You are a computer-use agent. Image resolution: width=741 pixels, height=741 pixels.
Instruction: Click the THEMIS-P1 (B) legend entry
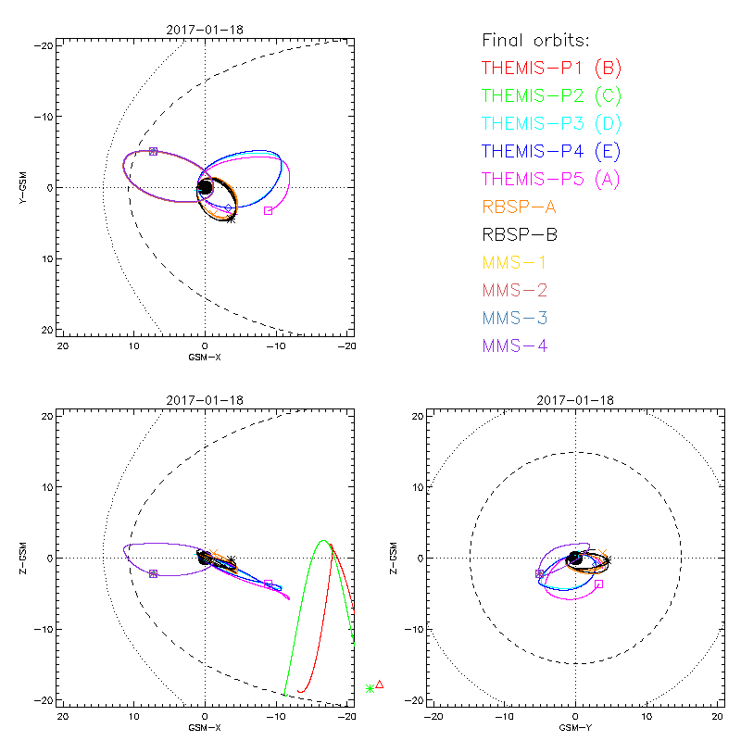(551, 68)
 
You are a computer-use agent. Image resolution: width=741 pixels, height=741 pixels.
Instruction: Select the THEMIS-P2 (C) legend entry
(551, 95)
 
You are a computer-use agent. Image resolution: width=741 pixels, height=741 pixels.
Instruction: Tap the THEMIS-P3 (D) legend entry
(551, 123)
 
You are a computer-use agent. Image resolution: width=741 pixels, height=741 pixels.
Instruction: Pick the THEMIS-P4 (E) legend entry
(551, 151)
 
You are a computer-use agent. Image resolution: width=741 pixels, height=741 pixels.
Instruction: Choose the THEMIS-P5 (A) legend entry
(551, 179)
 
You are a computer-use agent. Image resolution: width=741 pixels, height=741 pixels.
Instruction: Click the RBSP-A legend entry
(520, 207)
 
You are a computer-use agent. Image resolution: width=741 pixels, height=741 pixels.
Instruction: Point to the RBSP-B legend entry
(520, 234)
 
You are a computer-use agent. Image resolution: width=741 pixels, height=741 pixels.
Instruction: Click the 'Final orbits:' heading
(536, 40)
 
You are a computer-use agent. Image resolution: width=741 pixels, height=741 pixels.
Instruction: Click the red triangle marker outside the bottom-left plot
(380, 684)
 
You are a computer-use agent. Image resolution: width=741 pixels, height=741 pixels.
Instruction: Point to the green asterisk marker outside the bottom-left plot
(370, 688)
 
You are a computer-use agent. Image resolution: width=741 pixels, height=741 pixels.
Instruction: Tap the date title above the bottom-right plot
(575, 400)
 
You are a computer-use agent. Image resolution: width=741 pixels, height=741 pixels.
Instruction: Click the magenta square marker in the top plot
(268, 210)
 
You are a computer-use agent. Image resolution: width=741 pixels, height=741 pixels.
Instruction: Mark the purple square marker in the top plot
(153, 151)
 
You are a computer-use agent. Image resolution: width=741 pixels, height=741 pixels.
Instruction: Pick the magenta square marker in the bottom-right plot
(599, 584)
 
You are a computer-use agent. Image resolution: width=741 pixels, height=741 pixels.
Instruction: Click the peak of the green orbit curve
(322, 540)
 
